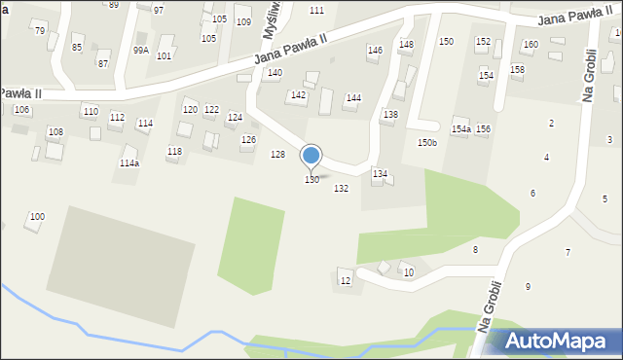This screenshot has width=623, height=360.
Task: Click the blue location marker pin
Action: coord(311,156)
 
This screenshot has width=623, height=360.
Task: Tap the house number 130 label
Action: coord(311,180)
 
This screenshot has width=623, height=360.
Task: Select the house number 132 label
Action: coord(341,189)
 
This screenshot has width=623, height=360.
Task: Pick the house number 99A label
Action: coord(141,50)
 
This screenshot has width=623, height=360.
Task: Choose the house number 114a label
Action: coord(128,163)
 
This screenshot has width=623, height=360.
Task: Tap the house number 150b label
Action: coord(427,143)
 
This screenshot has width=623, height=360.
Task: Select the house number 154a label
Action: coord(460,129)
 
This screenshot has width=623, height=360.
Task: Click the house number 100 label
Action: coord(37,216)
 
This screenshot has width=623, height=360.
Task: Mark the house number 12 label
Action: coord(345,281)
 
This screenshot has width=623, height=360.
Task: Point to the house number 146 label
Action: coord(375,50)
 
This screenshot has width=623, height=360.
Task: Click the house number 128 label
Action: coord(277,156)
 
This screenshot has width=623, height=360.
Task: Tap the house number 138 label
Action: coord(389,115)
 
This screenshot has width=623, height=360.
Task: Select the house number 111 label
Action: coord(316,10)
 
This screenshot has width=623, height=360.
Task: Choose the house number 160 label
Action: coord(531,45)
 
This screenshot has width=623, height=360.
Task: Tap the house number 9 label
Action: coord(528,286)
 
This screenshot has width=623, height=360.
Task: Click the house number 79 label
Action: coord(39,31)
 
